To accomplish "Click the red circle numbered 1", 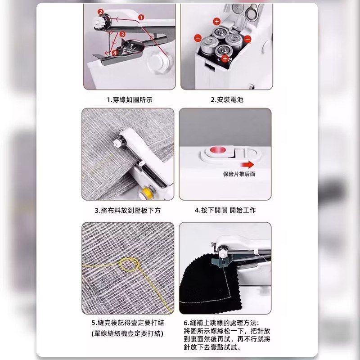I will pyautogui.click(x=141, y=17).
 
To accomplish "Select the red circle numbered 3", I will pyautogui.click(x=122, y=34).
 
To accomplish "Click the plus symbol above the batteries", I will pyautogui.click(x=216, y=21).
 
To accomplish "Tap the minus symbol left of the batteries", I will pyautogui.click(x=198, y=38).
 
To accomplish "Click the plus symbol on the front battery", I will pyautogui.click(x=225, y=58).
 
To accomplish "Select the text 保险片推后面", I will pyautogui.click(x=239, y=174).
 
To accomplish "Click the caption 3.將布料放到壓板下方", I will pyautogui.click(x=128, y=210).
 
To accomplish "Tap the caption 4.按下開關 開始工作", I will pyautogui.click(x=225, y=210).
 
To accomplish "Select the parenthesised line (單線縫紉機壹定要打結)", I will pyautogui.click(x=127, y=333).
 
